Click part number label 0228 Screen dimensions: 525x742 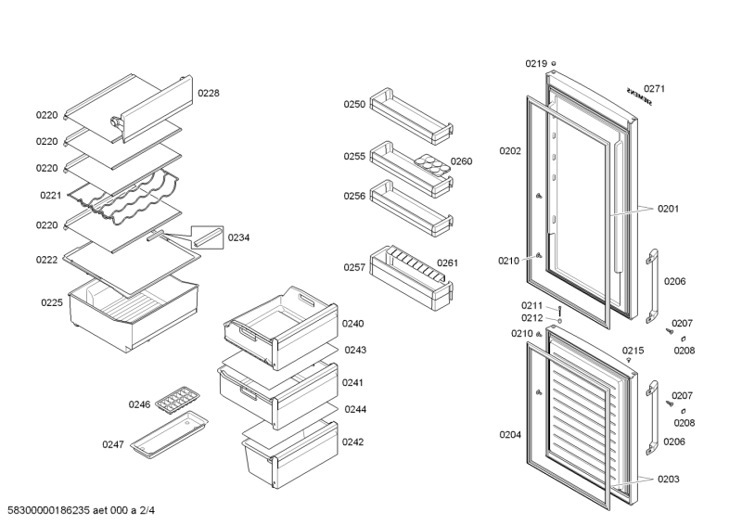208,93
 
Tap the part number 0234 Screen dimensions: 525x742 239,237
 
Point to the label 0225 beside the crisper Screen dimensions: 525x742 51,302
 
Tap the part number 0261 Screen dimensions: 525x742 448,262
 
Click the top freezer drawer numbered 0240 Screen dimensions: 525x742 278,324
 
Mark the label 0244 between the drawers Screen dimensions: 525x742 355,409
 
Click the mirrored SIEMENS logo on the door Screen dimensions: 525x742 638,97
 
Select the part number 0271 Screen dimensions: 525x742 655,89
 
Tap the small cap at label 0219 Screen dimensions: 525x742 554,64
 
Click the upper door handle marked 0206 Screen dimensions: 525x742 654,282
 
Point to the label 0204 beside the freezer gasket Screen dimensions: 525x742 510,434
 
